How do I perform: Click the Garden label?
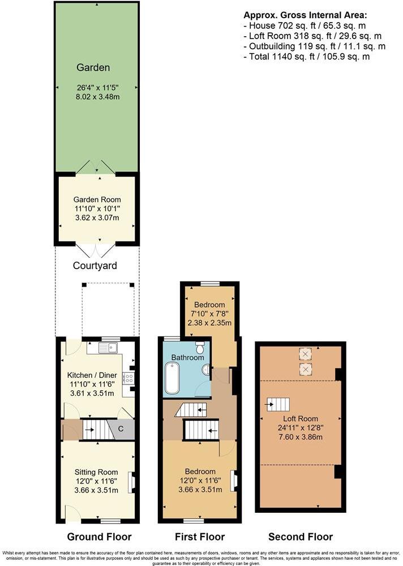93,68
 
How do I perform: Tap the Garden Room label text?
97,200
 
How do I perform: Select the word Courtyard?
95,265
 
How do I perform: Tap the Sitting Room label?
96,472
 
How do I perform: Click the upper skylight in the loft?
306,354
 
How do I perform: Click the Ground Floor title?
100,537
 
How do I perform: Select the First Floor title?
200,537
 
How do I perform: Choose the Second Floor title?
301,537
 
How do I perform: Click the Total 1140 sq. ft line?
307,57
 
